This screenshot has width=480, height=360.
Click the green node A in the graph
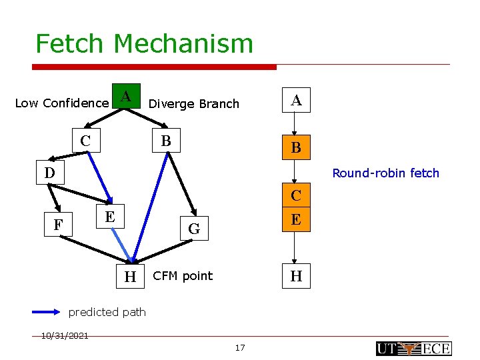pos(125,96)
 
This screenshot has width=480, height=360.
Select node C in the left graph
pos(85,141)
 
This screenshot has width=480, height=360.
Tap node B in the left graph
pos(166,141)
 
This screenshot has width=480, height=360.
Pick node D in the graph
pos(49,173)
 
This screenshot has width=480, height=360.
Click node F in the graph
pos(59,225)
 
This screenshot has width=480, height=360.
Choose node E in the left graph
pos(109,217)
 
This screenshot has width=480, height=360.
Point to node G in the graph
pos(194,229)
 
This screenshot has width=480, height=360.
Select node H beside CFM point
pos(130,276)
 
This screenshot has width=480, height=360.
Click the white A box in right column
pos(297,101)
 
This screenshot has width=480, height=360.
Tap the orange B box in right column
pos(297,149)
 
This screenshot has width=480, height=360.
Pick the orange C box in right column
pos(297,195)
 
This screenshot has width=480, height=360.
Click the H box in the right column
pos(297,276)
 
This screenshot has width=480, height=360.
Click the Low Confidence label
pos(61,103)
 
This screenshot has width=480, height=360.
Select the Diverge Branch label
pos(193,103)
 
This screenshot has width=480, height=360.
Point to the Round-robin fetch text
pos(385,173)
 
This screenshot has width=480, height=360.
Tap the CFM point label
pos(183,276)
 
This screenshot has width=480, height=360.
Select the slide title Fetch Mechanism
pos(144,44)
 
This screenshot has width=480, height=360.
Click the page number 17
pos(240,347)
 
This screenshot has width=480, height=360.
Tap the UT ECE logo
pos(413,348)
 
